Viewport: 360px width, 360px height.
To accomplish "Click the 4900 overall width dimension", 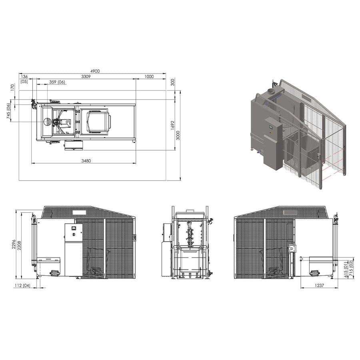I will click(94, 71).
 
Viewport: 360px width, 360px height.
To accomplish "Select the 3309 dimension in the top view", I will click(86, 76).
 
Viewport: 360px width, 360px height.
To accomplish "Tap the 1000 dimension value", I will click(149, 76).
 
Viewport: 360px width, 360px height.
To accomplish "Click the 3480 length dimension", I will click(86, 161).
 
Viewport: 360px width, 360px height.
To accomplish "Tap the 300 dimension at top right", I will click(172, 82).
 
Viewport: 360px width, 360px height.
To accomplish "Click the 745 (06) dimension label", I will click(8, 111).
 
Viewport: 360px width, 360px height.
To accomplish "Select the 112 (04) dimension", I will click(21, 285).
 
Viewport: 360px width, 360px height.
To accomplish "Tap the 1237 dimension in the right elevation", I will click(318, 285).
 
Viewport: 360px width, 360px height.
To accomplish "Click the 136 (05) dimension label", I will click(24, 79).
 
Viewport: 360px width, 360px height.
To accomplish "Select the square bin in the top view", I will click(98, 121).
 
